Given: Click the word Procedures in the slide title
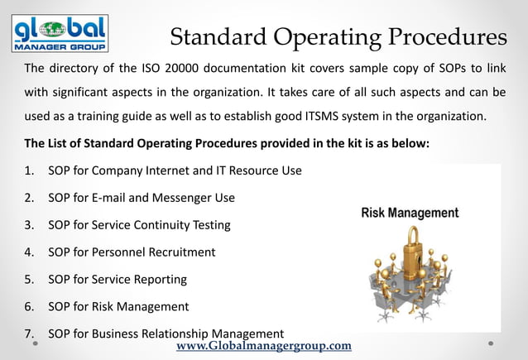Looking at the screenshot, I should point(439,37).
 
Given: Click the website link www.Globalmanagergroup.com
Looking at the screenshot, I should point(264,345).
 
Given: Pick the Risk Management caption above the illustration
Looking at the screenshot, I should point(410,213).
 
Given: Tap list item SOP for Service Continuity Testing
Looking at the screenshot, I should point(139,224).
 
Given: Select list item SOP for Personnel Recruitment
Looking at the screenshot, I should point(132,252).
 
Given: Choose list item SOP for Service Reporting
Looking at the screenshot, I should point(118,279).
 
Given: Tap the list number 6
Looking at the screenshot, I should point(28,306).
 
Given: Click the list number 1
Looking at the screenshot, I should point(28,170).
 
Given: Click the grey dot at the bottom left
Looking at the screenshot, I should point(36,343).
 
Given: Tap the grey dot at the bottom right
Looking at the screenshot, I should point(491,343).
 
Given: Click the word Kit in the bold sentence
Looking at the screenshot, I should point(356,142).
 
